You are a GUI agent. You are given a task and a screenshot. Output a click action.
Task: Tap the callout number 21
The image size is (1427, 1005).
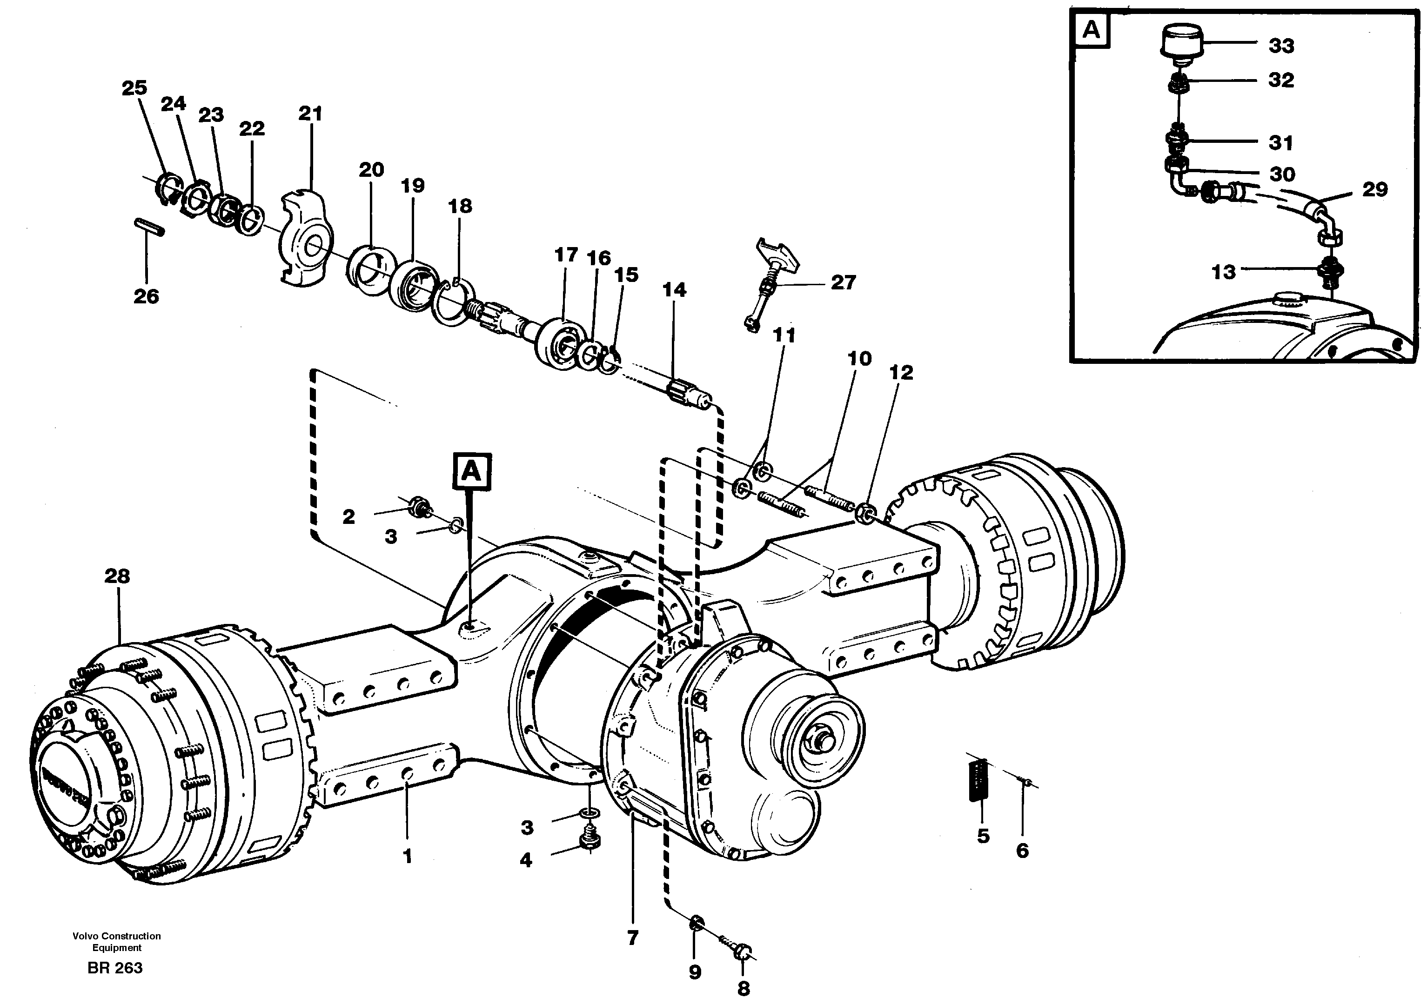pos(310,114)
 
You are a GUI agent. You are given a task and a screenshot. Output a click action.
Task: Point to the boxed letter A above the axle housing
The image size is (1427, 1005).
pos(472,472)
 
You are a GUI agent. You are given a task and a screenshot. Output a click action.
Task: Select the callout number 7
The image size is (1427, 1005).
pos(633,938)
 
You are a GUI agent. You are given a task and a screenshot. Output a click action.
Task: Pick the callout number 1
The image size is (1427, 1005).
pos(408,857)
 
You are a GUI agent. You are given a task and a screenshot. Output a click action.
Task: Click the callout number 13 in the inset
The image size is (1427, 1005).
pos(1224,272)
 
